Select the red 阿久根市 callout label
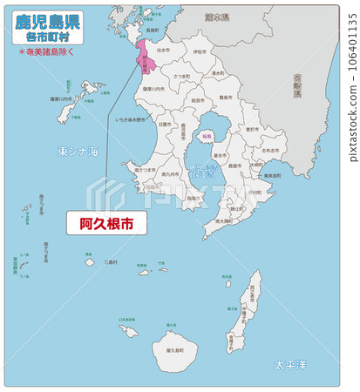click(x=106, y=223)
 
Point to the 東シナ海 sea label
click(x=78, y=151)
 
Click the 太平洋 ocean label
click(x=289, y=363)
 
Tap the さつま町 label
click(x=181, y=77)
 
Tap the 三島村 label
click(x=110, y=261)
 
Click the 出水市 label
click(x=163, y=50)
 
